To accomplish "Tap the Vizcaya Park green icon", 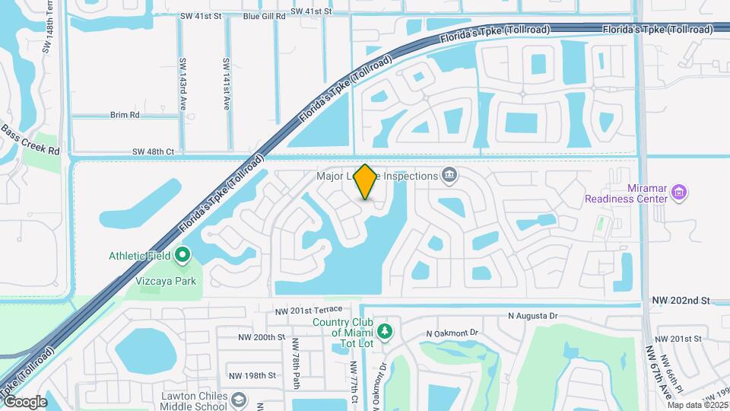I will click(x=182, y=255).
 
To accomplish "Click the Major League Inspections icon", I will click(x=449, y=176).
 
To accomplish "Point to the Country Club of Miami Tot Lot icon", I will click(x=386, y=331).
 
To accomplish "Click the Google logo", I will click(x=25, y=401).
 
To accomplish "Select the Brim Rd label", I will click(x=125, y=115).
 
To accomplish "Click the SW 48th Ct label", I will click(x=153, y=152).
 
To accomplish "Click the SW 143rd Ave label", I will click(x=182, y=84).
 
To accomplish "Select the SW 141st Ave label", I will click(x=226, y=84).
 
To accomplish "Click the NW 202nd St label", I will click(x=680, y=301).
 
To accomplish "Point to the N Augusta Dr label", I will click(x=532, y=316).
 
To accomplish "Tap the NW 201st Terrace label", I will click(x=314, y=310).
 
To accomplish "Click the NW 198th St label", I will click(x=254, y=375).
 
